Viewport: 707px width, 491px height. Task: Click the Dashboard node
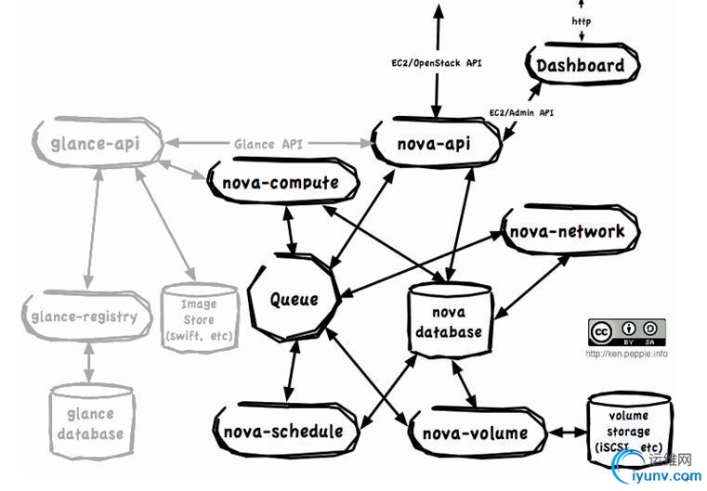580,66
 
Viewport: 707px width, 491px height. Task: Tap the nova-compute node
280,183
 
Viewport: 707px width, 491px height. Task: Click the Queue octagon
294,299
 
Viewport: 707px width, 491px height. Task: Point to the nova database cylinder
449,321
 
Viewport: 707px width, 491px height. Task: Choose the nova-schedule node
283,431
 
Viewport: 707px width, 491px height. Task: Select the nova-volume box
474,433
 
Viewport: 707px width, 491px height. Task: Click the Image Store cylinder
198,318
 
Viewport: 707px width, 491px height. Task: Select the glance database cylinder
88,422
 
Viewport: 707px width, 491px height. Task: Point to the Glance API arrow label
268,144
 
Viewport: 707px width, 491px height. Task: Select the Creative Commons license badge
626,332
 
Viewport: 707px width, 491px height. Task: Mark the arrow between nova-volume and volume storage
564,433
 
